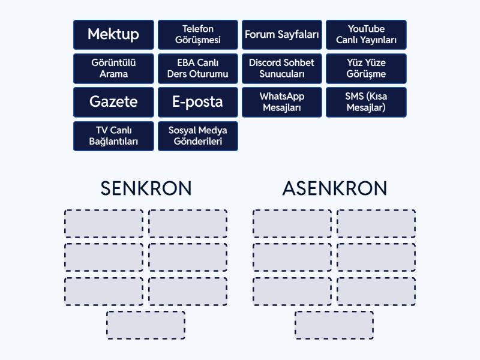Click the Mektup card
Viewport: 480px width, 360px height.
coord(113,35)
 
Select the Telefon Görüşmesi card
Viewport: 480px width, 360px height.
coord(198,35)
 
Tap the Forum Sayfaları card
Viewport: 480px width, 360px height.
coord(282,35)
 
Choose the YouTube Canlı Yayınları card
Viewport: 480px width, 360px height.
coord(366,35)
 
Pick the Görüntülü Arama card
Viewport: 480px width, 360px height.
coord(113,68)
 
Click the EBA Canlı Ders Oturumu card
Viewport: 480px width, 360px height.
coord(198,68)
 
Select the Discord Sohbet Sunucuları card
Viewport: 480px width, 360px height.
coord(282,68)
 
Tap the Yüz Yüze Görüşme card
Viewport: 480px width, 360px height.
coord(366,68)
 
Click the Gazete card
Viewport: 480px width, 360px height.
coord(113,102)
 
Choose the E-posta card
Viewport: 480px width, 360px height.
coord(198,102)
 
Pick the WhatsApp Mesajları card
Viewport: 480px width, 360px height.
coord(282,102)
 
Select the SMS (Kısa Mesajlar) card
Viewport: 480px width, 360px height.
coord(366,102)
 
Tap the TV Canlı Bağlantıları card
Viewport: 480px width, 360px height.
coord(113,136)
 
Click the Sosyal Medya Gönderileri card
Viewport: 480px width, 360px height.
coord(198,136)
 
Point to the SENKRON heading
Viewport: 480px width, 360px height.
coord(146,188)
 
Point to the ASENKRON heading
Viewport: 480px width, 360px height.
coord(335,188)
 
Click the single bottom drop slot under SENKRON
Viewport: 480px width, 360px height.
coord(146,325)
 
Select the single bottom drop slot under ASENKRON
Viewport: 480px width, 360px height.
coord(334,325)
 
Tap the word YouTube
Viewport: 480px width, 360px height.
coord(366,29)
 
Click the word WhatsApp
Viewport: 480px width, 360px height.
coord(282,97)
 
